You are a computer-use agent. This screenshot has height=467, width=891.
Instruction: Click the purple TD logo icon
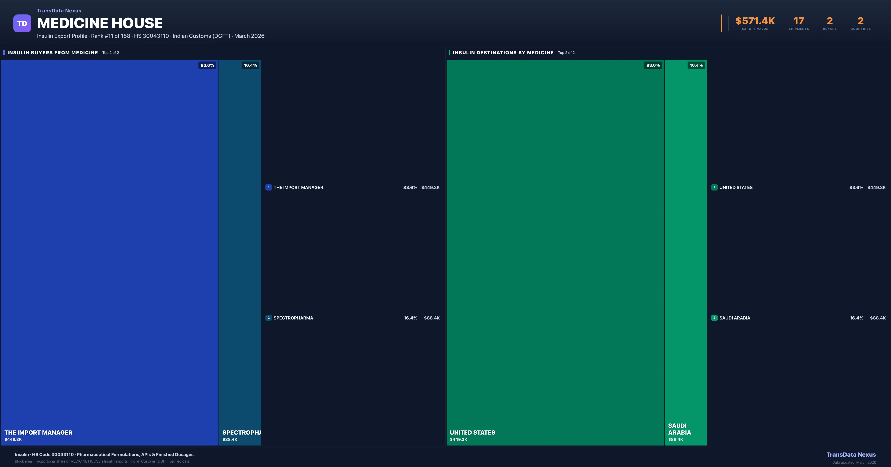(22, 24)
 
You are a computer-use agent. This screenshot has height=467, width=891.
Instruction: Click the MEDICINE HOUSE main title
(100, 23)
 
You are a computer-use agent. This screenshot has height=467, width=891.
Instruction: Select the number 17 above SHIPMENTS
(799, 21)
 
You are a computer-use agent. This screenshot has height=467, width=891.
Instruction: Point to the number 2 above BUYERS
(829, 21)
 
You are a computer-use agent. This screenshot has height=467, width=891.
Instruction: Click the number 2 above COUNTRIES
(861, 21)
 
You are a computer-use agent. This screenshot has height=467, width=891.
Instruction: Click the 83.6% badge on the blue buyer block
(207, 65)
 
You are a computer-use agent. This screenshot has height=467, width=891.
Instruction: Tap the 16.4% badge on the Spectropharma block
(250, 65)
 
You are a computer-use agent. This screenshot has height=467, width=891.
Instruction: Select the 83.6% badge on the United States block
(653, 65)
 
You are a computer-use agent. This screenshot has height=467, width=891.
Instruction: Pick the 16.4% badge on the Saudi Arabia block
(696, 65)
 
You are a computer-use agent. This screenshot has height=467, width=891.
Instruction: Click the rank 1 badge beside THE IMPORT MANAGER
(268, 187)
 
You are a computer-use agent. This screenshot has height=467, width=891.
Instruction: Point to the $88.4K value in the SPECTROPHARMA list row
(432, 318)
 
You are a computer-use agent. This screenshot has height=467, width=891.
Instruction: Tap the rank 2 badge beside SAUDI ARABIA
(714, 318)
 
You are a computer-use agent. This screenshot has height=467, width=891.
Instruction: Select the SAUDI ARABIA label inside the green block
(679, 429)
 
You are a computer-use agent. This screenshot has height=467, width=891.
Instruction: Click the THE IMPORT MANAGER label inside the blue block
(38, 433)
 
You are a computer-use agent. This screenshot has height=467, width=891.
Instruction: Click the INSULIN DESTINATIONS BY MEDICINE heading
(503, 52)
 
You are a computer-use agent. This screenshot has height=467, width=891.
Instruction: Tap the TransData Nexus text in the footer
(851, 455)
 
